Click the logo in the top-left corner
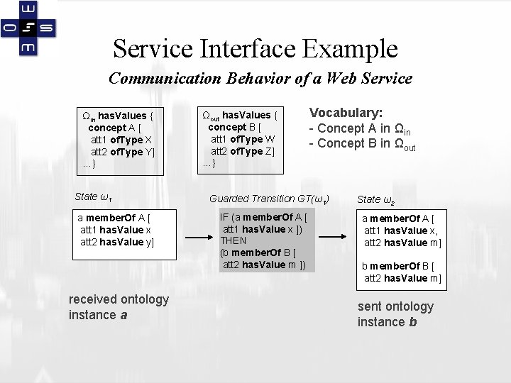coord(29,28)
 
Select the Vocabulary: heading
coord(346,113)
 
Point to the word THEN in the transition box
coord(233,240)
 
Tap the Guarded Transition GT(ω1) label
coord(270,199)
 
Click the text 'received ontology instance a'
coord(119,306)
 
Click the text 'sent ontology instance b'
coord(395,313)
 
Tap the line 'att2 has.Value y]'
coord(117,242)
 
